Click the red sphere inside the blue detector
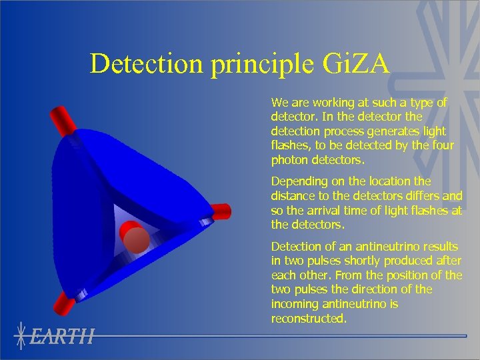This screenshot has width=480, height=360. tap(136, 240)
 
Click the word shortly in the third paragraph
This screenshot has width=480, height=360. tap(370, 261)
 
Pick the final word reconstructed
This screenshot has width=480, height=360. tap(308, 319)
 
